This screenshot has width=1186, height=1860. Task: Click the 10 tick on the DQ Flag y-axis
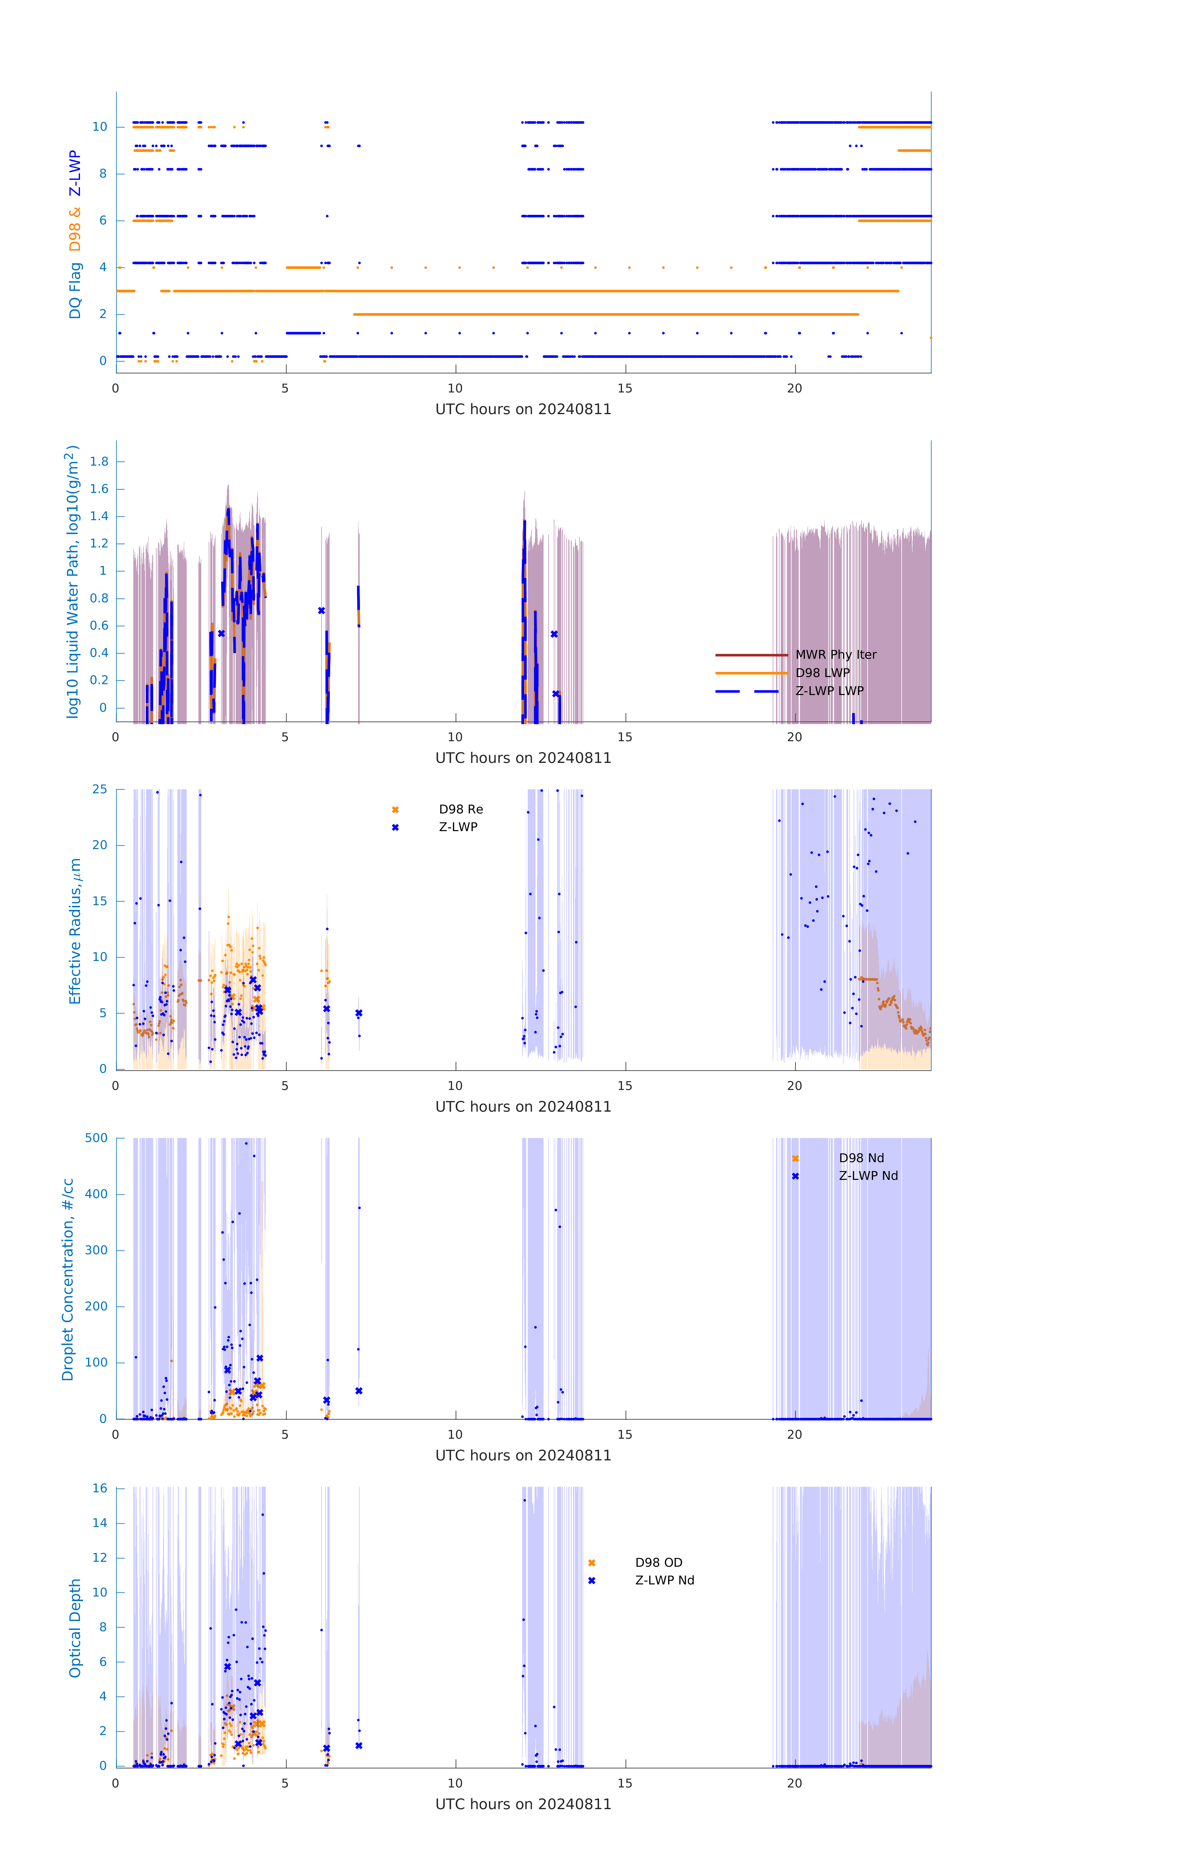[x=100, y=127]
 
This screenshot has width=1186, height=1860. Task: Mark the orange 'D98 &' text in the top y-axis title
[x=75, y=229]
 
